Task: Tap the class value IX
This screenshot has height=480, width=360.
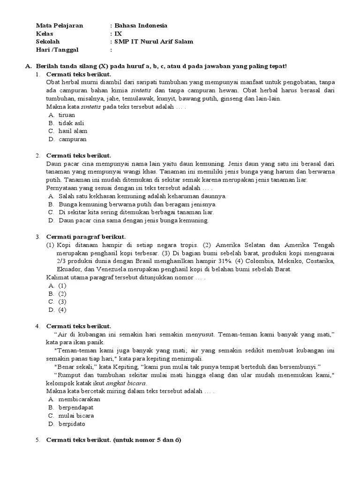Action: [x=118, y=33]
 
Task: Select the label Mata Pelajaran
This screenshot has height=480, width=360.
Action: [x=60, y=25]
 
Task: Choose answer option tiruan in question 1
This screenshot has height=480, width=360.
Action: [x=67, y=115]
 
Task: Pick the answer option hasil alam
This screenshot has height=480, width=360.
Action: [x=73, y=131]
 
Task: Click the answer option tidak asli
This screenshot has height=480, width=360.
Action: [x=72, y=123]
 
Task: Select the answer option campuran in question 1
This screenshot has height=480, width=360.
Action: [x=72, y=139]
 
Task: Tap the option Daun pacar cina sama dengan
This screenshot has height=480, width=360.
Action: [x=134, y=220]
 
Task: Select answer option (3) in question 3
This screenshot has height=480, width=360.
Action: [x=62, y=301]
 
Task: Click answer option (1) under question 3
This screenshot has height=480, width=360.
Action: [x=62, y=285]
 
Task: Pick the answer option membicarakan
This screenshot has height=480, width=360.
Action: [x=79, y=399]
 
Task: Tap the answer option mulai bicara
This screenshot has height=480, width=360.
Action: [x=76, y=415]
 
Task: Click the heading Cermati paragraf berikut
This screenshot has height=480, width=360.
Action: [x=86, y=237]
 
